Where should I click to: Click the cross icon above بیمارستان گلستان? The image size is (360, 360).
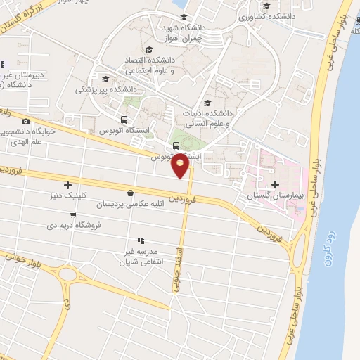[x=274, y=184]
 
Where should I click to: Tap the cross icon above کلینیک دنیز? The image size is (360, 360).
[x=67, y=186]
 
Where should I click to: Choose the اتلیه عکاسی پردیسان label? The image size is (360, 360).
[x=133, y=204]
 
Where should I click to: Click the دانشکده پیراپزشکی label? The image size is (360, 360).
[x=105, y=89]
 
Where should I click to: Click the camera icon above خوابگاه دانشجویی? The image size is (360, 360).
[x=25, y=122]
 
